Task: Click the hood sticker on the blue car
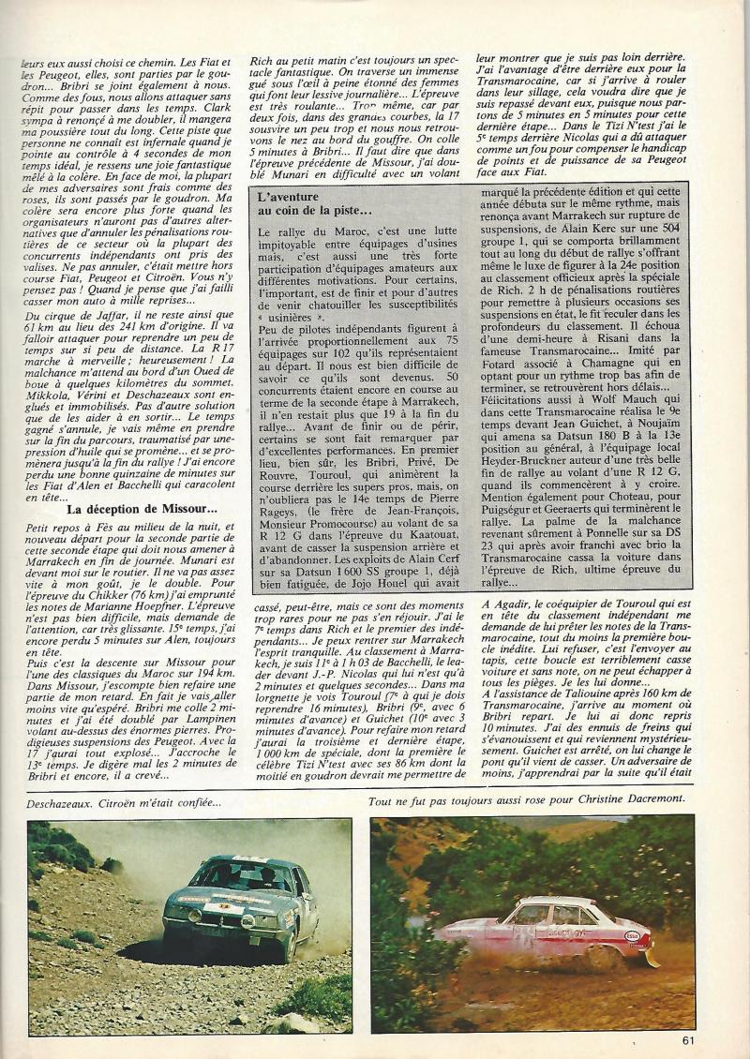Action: click(x=228, y=899)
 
